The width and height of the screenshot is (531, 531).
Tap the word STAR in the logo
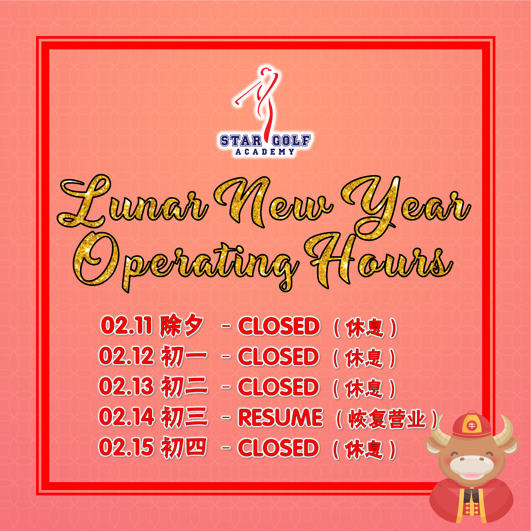point(241,141)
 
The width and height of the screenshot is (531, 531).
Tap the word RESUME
point(280,417)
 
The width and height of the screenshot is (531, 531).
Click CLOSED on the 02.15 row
point(279,448)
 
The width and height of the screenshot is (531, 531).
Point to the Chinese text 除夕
point(182,326)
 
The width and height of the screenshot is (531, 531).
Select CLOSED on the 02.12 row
point(279,356)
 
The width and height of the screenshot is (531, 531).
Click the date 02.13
point(126,387)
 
